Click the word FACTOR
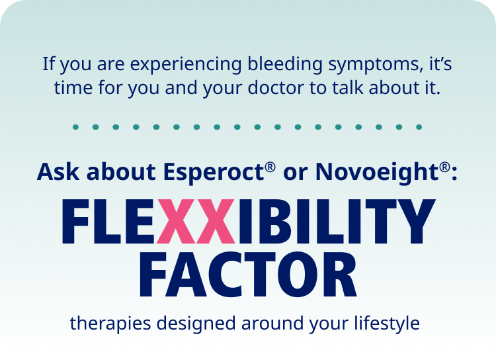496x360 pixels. (x=249, y=273)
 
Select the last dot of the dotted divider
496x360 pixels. (x=419, y=126)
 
